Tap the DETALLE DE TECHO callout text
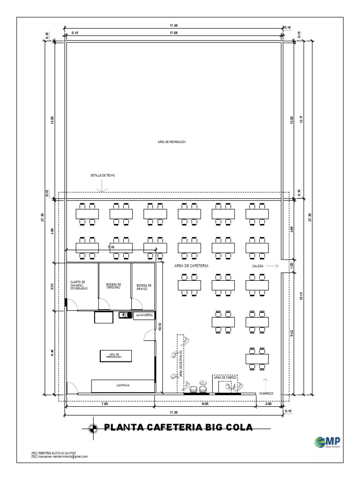(x=103, y=175)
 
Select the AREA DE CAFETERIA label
(x=191, y=265)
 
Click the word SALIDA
(x=258, y=266)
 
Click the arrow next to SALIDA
(x=273, y=266)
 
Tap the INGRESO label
(x=266, y=394)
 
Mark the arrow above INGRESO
(x=266, y=382)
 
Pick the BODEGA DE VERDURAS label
(x=114, y=285)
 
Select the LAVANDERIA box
(x=144, y=316)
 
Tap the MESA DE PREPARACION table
(x=115, y=356)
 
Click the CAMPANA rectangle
(x=123, y=385)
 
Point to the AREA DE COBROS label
(x=225, y=377)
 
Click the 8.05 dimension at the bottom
(x=205, y=403)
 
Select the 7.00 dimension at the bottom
(x=105, y=403)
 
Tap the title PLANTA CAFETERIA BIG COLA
(x=178, y=427)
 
